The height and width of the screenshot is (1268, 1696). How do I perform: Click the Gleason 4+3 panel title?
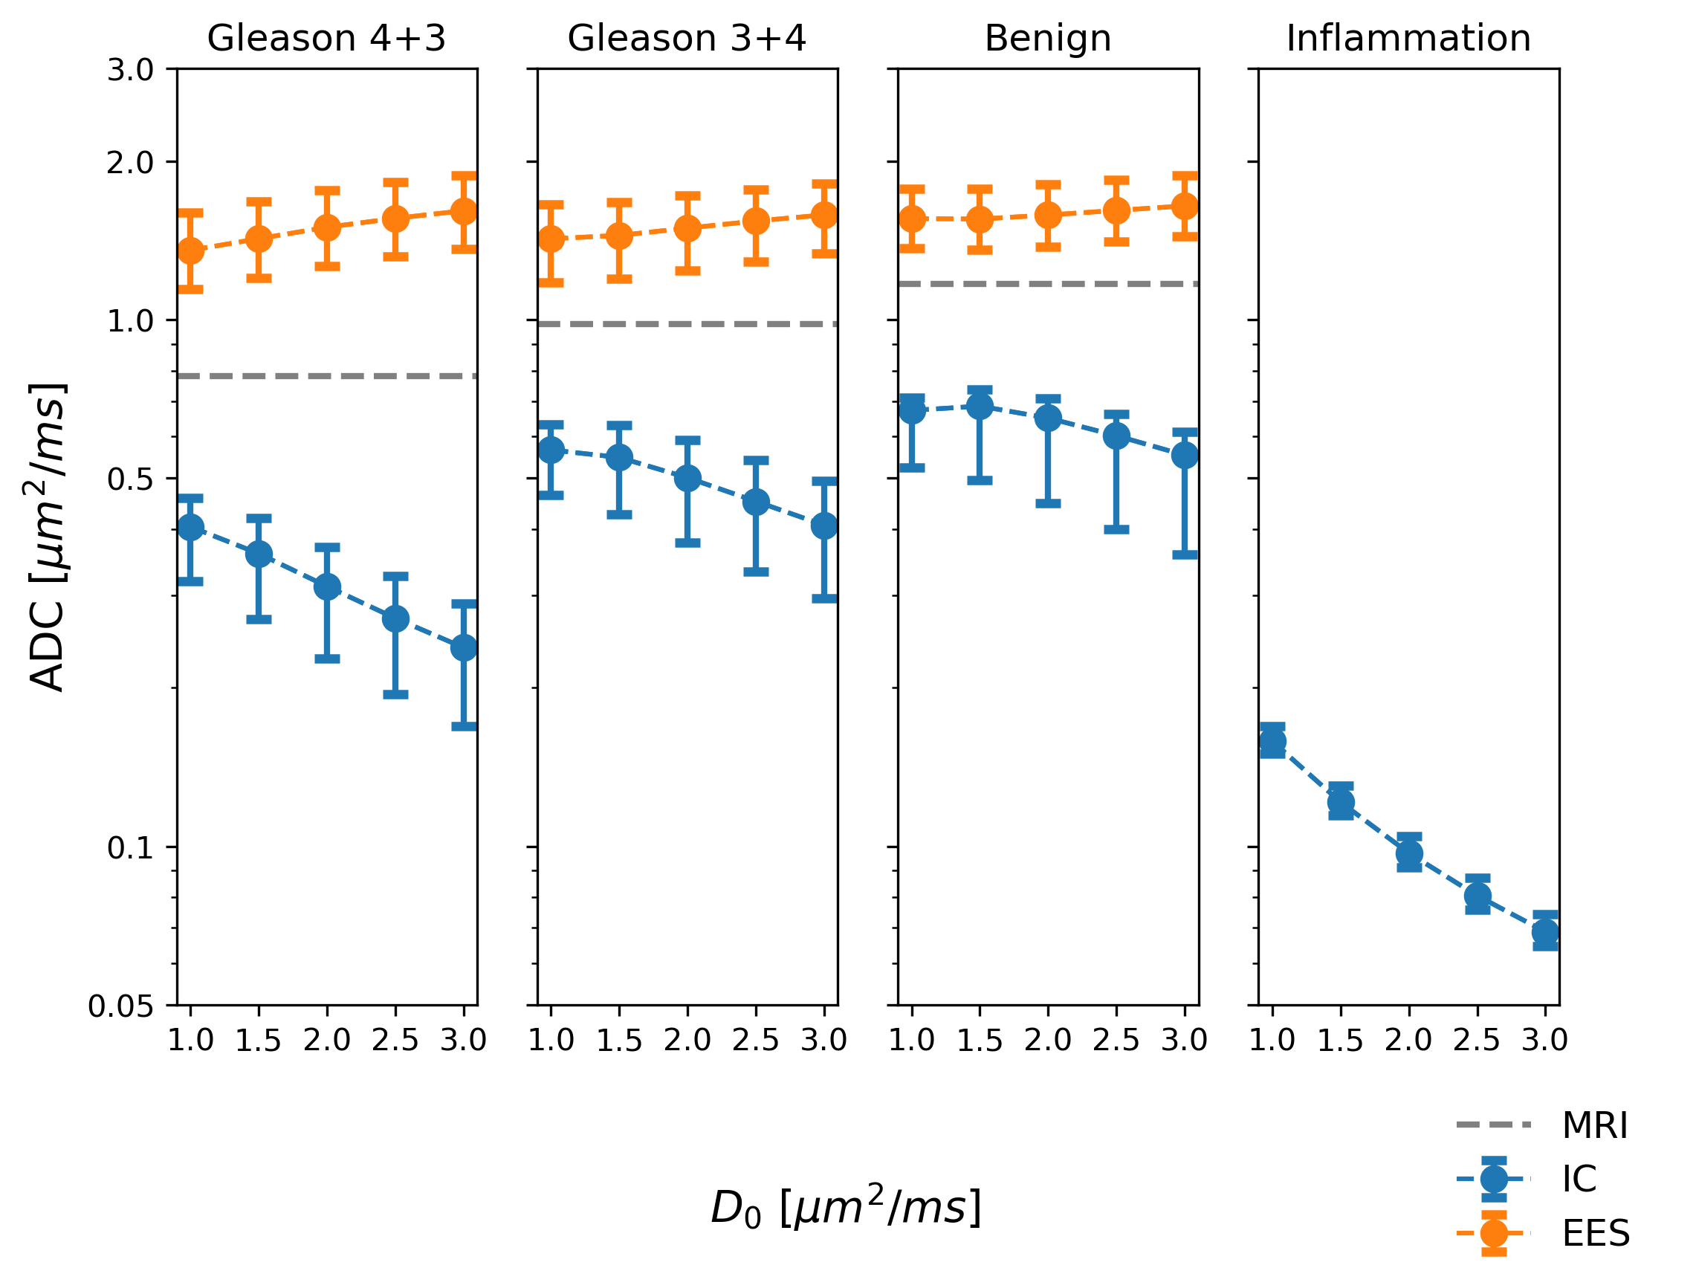pos(326,39)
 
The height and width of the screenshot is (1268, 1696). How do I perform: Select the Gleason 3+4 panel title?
pos(686,39)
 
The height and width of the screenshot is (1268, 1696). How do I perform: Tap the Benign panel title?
pos(1047,39)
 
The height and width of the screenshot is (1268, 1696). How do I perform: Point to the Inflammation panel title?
pos(1408,39)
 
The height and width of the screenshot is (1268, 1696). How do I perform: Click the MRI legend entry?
pos(1595,1125)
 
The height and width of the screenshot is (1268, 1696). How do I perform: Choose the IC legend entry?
pos(1579,1178)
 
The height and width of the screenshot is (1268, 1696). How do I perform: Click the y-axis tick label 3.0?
pos(130,70)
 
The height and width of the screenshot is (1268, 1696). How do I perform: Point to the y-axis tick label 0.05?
pos(121,1006)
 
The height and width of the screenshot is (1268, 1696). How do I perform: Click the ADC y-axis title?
pos(48,537)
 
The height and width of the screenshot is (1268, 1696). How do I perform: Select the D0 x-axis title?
pos(846,1209)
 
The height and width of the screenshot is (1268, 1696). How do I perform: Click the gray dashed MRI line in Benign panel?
pos(1047,284)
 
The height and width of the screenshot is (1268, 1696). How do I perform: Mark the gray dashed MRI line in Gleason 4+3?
pos(326,375)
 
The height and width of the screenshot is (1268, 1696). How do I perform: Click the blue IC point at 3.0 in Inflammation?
pos(1545,932)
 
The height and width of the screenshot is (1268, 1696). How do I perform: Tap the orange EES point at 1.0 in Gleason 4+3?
pos(191,250)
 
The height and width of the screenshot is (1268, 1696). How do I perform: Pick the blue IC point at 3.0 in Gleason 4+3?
pos(464,648)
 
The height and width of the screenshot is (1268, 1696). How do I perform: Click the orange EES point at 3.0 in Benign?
pos(1185,206)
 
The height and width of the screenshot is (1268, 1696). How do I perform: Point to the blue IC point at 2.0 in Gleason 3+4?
pos(687,479)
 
